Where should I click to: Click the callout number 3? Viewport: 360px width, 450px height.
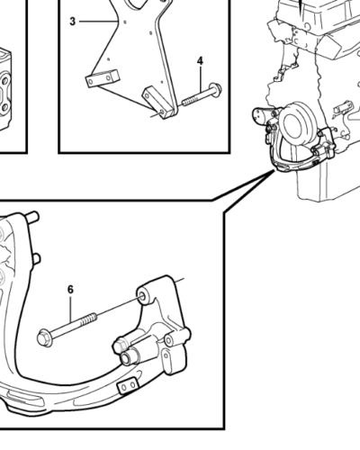pos(72,22)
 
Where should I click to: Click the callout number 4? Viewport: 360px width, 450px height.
pos(200,61)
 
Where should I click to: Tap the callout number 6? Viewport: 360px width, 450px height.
pos(70,290)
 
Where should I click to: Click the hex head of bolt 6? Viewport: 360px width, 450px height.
pos(44,337)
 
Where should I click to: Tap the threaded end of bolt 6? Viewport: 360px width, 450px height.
pos(89,319)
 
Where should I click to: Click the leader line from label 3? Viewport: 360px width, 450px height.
pos(98,22)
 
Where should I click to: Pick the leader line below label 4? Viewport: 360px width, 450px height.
pos(200,79)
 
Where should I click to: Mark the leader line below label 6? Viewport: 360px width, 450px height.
pos(71,309)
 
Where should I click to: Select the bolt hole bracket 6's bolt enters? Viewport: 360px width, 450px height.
pos(143,297)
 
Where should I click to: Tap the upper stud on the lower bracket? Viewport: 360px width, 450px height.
pos(32,216)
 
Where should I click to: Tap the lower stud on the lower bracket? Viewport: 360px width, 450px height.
pos(35,258)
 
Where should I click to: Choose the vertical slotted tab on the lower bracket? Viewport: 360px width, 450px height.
pos(166,362)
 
